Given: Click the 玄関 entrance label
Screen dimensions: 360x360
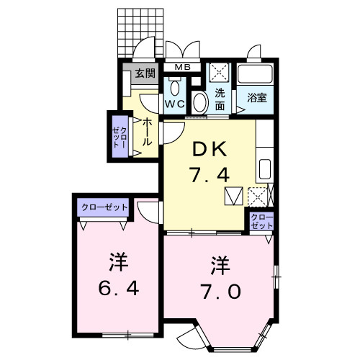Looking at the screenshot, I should [x=145, y=73].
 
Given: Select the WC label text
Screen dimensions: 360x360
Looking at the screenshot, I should [x=176, y=103].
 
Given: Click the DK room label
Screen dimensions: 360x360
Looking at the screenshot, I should [x=210, y=150].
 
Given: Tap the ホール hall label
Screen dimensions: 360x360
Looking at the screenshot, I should [x=147, y=132].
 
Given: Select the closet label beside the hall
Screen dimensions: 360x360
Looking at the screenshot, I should [x=118, y=135].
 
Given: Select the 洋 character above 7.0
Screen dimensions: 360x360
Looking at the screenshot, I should [x=220, y=265].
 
